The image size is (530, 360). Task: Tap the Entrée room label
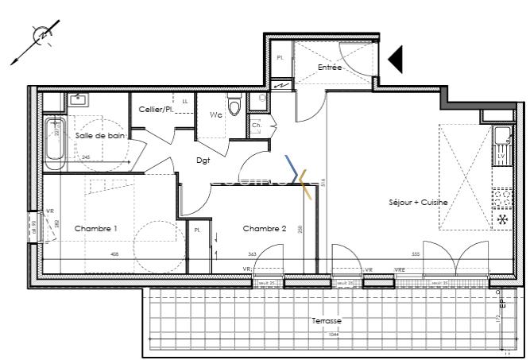pyautogui.click(x=330, y=68)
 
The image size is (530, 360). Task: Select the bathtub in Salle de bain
pyautogui.click(x=54, y=144)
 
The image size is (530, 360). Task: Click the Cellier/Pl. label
pyautogui.click(x=157, y=109)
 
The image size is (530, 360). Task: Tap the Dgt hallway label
pyautogui.click(x=204, y=160)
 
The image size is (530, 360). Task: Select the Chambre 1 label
pyautogui.click(x=95, y=229)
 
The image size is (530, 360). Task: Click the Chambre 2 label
pyautogui.click(x=264, y=229)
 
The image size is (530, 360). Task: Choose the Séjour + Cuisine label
pyautogui.click(x=418, y=203)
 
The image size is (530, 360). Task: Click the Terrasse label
pyautogui.click(x=327, y=320)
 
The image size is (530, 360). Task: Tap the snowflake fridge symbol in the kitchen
pyautogui.click(x=502, y=219)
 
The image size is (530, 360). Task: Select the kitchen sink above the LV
pyautogui.click(x=502, y=137)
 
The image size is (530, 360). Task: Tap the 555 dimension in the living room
pyautogui.click(x=415, y=254)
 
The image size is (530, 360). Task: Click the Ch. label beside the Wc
pyautogui.click(x=257, y=126)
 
